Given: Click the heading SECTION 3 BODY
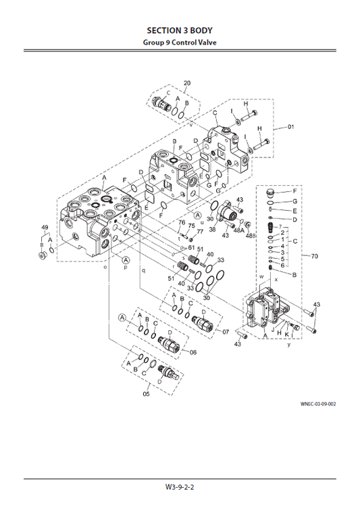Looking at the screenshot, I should (x=180, y=30).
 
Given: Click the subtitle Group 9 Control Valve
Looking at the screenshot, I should (x=180, y=43).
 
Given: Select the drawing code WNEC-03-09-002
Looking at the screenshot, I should (x=318, y=404).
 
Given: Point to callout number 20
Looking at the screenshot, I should (x=187, y=83).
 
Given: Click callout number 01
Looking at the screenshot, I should (x=291, y=126).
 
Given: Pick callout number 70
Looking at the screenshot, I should (x=313, y=256).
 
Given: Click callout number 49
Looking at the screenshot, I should (x=45, y=226).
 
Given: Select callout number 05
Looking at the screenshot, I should (x=146, y=394).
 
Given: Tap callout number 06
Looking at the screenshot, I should (x=192, y=352).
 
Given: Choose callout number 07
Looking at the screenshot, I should (x=226, y=332).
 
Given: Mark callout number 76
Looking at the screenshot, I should (x=182, y=222).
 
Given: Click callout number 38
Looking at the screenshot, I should (x=212, y=229).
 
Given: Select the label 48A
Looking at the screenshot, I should (x=238, y=230).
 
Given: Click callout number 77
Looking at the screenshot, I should (x=200, y=232).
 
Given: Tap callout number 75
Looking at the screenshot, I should (x=191, y=226).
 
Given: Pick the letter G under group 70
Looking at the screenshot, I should (x=294, y=201).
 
